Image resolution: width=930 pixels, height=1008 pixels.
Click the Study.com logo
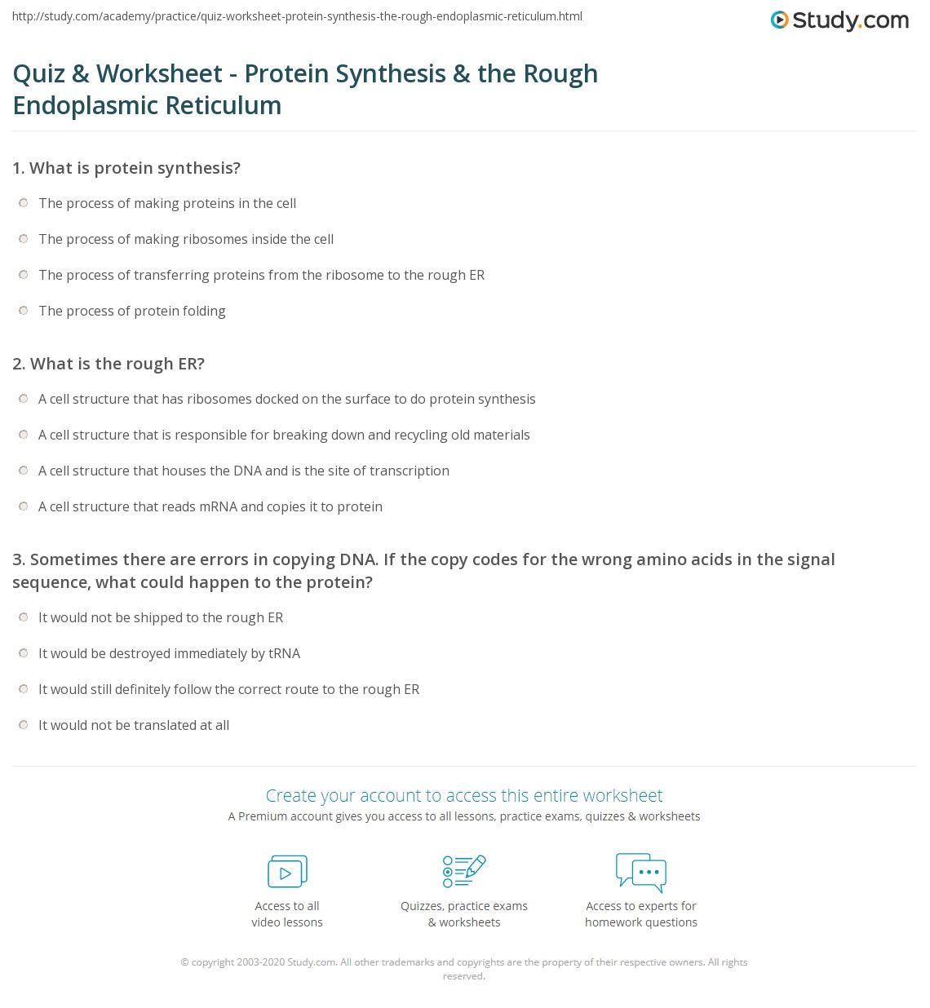pyautogui.click(x=839, y=20)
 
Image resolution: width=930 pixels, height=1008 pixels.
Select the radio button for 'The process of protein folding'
pyautogui.click(x=23, y=311)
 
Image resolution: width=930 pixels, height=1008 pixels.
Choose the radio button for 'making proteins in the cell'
pyautogui.click(x=23, y=203)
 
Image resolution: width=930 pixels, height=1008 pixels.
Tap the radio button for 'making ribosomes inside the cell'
pyautogui.click(x=23, y=239)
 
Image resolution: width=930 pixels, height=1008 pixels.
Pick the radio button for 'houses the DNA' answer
pyautogui.click(x=23, y=471)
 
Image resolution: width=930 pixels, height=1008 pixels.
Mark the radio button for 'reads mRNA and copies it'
pyautogui.click(x=23, y=506)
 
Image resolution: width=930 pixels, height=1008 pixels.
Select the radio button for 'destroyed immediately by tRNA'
pyautogui.click(x=23, y=653)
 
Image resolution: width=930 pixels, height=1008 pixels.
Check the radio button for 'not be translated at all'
pyautogui.click(x=23, y=725)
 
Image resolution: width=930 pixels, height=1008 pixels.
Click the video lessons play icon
pyautogui.click(x=287, y=871)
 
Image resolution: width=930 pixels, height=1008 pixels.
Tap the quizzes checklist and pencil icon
pyautogui.click(x=464, y=871)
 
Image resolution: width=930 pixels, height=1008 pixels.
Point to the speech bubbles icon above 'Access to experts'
pyautogui.click(x=641, y=871)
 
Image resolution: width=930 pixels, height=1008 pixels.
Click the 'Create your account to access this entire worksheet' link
pyautogui.click(x=464, y=795)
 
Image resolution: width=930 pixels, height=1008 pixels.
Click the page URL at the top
pyautogui.click(x=297, y=16)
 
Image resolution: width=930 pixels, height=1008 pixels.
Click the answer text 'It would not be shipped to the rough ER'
pyautogui.click(x=161, y=617)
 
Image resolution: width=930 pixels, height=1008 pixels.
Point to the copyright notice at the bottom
pyautogui.click(x=464, y=969)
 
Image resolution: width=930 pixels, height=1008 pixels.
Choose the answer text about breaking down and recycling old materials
pyautogui.click(x=284, y=435)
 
